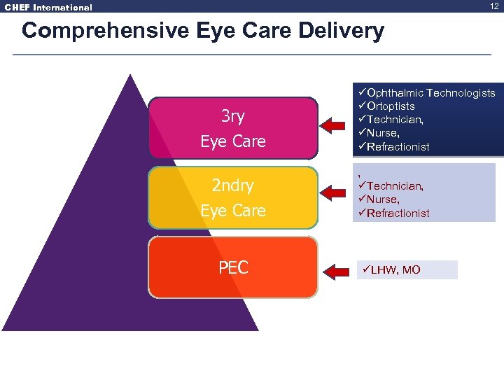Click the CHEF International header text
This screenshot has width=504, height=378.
48,8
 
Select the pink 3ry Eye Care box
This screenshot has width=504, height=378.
232,128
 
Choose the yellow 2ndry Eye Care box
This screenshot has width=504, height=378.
232,197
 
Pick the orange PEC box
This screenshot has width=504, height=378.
232,267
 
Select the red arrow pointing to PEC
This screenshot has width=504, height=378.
333,269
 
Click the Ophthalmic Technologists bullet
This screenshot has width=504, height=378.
429,93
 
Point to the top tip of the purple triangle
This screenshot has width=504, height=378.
129,76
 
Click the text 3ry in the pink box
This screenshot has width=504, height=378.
233,115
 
